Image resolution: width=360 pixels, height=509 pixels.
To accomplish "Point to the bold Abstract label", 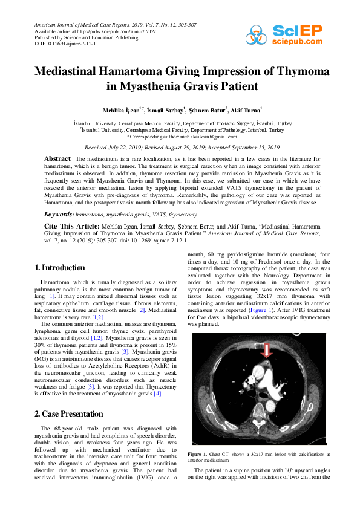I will pos(57,158).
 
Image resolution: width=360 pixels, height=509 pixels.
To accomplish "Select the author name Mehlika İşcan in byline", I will pos(124,110).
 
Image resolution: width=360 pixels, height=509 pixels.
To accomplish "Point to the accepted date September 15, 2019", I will pos(255,147).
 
